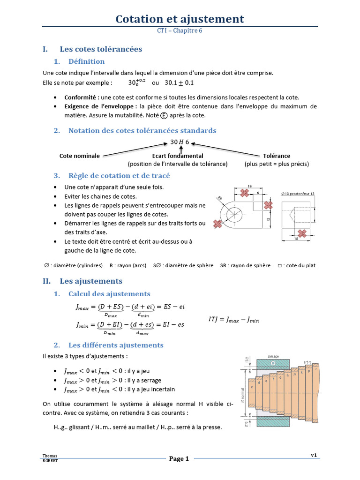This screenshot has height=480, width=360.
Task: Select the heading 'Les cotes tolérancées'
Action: tap(101, 49)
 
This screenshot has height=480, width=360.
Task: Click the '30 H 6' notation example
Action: tap(180, 142)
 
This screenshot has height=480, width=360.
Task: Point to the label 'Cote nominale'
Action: tap(80, 156)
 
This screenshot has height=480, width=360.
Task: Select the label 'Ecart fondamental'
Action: tap(178, 156)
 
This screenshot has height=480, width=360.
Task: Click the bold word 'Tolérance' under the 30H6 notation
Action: tap(277, 156)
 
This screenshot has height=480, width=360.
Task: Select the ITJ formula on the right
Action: tap(233, 320)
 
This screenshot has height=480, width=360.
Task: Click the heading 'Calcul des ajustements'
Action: tap(109, 294)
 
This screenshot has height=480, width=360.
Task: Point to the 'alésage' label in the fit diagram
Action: tap(273, 356)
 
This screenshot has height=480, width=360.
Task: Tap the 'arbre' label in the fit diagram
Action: tap(307, 362)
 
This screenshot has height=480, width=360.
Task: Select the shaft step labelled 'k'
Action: tap(302, 372)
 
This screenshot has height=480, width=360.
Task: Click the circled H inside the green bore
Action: tap(273, 363)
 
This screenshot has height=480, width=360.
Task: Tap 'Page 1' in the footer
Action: tap(179, 459)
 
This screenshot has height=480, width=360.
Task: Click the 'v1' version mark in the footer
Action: tap(314, 455)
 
